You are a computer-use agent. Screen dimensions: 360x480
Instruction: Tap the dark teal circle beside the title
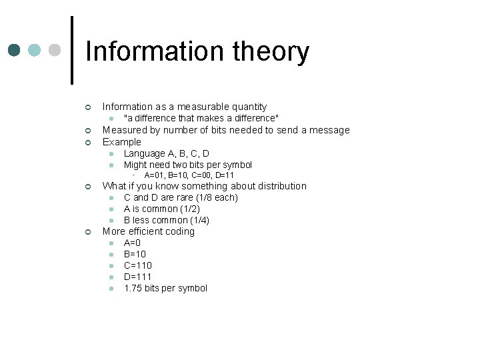15,51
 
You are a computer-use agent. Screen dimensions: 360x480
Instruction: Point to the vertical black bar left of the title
71,50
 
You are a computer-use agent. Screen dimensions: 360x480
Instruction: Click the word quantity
247,107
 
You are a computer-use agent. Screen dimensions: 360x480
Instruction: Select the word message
331,130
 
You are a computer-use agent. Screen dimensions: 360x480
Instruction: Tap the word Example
122,142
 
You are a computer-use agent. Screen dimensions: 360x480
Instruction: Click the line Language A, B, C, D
166,153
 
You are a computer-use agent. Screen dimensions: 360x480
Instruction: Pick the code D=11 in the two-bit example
225,175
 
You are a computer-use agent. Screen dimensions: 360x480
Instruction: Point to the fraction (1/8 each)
217,197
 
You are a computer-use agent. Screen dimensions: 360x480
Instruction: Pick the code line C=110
138,265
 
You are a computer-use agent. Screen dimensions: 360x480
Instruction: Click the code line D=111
138,277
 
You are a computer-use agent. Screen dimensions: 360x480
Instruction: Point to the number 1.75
133,288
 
